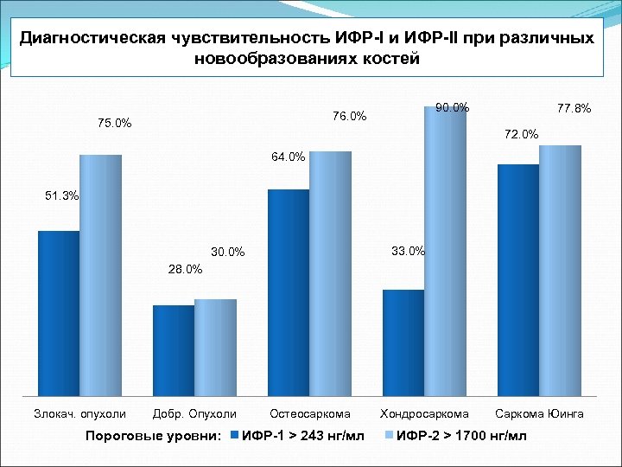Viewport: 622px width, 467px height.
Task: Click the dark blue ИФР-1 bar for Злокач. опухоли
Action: point(59,311)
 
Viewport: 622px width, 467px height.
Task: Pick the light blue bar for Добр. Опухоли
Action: point(215,345)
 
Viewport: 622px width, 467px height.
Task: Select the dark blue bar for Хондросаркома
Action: point(403,341)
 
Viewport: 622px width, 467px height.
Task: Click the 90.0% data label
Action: point(453,108)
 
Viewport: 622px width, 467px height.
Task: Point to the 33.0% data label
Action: point(408,251)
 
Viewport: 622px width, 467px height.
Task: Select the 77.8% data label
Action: point(574,109)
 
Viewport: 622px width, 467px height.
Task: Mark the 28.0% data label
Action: point(185,269)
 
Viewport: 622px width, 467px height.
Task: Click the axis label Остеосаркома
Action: point(310,413)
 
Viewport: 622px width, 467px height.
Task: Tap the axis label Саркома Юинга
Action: point(540,413)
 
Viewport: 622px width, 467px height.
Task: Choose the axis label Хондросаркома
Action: point(425,413)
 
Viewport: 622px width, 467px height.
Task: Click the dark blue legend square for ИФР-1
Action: point(236,434)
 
